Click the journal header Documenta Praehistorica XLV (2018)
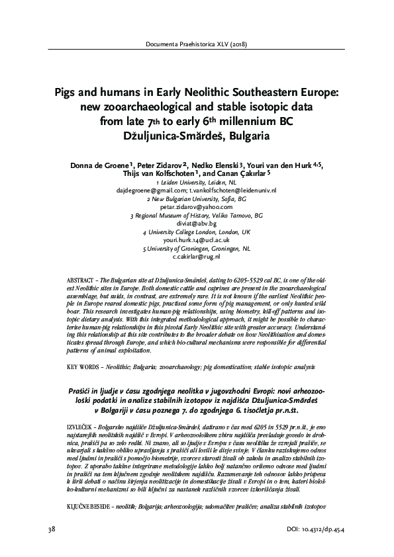pyautogui.click(x=197, y=45)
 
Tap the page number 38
pyautogui.click(x=52, y=530)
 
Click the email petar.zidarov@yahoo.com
pyautogui.click(x=197, y=206)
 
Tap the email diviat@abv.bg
pyautogui.click(x=197, y=224)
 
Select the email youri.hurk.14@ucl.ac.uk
pyautogui.click(x=197, y=242)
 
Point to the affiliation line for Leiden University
pyautogui.click(x=197, y=181)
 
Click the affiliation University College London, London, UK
pyautogui.click(x=197, y=234)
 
